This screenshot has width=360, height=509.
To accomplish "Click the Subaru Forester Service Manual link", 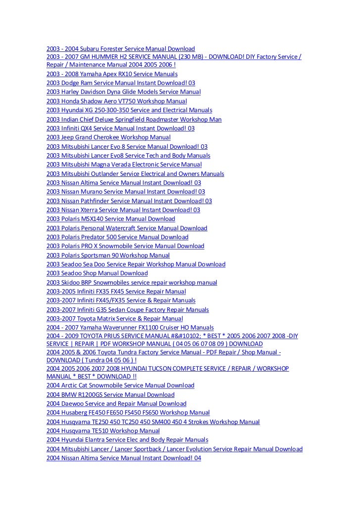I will (x=120, y=48).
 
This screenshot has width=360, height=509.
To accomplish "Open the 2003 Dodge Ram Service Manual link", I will (x=120, y=83).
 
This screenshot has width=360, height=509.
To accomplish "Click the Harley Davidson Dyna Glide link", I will (x=123, y=92).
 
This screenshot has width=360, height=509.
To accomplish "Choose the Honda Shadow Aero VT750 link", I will (x=116, y=101).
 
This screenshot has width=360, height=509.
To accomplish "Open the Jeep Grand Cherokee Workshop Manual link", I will (x=108, y=137).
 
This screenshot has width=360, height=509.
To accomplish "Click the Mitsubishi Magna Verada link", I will (x=124, y=165).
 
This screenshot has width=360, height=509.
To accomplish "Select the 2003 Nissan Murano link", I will (x=125, y=192).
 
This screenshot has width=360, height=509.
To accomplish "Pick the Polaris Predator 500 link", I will (x=117, y=237).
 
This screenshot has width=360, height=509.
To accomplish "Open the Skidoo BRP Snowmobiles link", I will (x=132, y=283).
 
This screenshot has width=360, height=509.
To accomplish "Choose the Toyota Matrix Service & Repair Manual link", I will (x=114, y=319).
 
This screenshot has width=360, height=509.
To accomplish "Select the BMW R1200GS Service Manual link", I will (x=110, y=395).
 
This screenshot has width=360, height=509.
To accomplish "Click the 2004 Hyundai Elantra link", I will (x=127, y=440).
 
